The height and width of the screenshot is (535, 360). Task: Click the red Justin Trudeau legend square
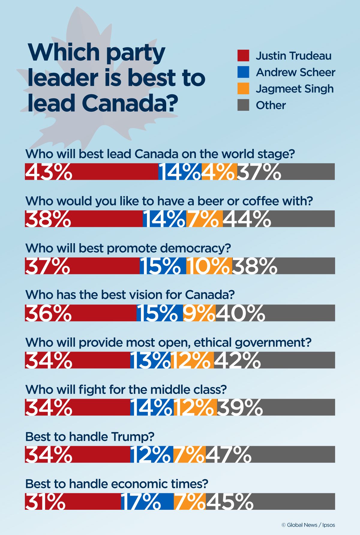click(x=243, y=56)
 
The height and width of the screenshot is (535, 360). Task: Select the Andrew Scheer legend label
click(x=295, y=72)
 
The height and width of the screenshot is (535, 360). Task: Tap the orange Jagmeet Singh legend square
click(x=243, y=89)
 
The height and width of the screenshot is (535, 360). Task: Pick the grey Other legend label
click(x=271, y=105)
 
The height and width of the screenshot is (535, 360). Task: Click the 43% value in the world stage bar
click(x=49, y=172)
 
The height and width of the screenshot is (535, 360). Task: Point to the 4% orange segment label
click(x=218, y=172)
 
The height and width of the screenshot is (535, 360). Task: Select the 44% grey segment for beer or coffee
click(x=247, y=219)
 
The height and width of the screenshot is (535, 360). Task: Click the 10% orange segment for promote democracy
click(x=208, y=266)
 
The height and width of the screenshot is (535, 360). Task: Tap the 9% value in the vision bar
click(x=199, y=313)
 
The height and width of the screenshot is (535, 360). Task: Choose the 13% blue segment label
click(x=150, y=360)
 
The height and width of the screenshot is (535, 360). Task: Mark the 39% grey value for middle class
click(x=239, y=407)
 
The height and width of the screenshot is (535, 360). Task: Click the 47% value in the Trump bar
click(x=228, y=454)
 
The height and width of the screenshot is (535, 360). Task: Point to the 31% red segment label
click(x=45, y=501)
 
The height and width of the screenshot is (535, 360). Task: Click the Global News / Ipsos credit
click(x=308, y=525)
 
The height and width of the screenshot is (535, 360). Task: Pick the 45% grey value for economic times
click(x=229, y=501)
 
